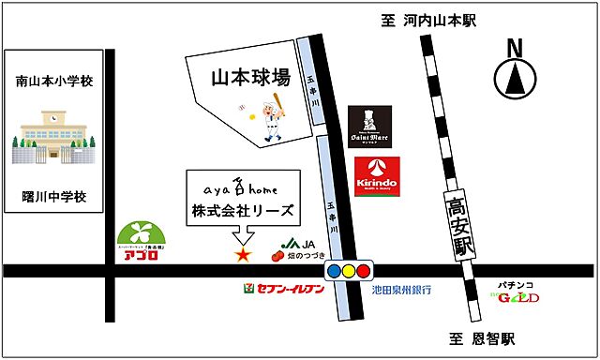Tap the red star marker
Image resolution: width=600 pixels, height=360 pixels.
(242, 253)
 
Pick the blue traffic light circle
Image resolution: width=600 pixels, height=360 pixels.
(335, 272)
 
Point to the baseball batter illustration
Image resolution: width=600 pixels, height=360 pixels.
(270, 116)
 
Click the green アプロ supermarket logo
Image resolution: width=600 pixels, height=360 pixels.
(141, 242)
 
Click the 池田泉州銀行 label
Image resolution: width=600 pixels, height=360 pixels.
(401, 291)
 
